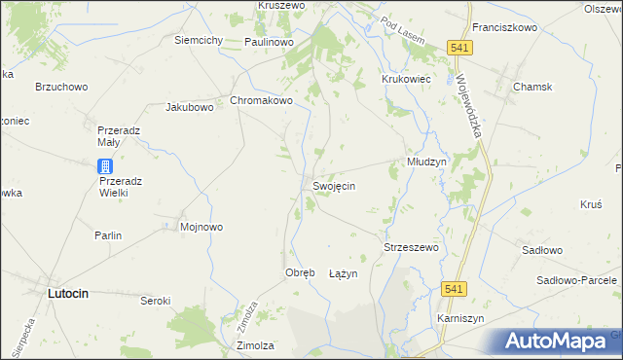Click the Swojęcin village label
tap(333, 186)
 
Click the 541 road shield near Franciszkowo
tap(460, 47)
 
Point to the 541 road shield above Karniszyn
tap(451, 289)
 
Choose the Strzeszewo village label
tap(412, 247)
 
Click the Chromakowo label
tap(261, 100)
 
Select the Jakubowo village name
tap(190, 107)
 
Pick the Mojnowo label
tap(202, 227)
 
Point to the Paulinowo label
tap(270, 42)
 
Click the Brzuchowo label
tap(61, 87)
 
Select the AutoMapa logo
tap(560, 341)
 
